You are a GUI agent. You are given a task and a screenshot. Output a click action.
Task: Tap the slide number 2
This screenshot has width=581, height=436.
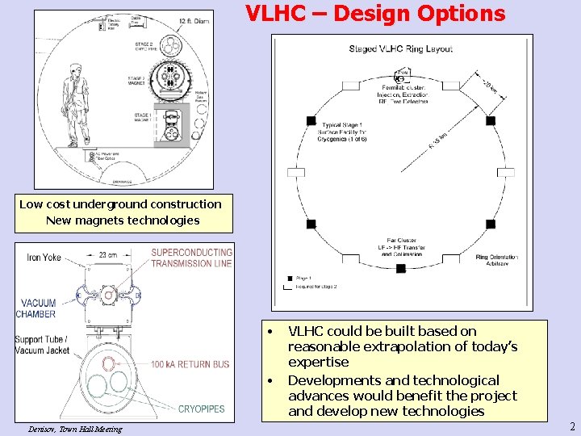click(x=572, y=426)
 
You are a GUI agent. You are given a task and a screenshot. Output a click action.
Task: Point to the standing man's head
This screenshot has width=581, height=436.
click(x=76, y=71)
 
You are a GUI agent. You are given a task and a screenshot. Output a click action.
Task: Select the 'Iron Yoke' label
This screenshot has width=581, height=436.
click(x=45, y=258)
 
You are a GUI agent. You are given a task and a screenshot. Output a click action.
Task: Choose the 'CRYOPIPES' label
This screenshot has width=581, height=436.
click(x=201, y=409)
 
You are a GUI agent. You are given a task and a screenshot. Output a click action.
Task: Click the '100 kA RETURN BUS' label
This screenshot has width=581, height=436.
click(x=190, y=364)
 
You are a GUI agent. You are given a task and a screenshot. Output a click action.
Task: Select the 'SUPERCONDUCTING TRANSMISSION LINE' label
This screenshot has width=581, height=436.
click(x=191, y=258)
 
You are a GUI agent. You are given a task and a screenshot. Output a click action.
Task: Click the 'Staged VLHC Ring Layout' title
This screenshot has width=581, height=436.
click(x=400, y=48)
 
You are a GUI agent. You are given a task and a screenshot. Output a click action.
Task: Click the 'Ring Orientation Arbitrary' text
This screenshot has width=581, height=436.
click(x=497, y=261)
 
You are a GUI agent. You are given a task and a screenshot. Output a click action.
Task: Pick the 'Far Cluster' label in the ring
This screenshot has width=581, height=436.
click(x=401, y=240)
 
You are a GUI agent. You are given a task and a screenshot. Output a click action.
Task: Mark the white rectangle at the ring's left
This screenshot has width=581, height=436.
click(x=296, y=172)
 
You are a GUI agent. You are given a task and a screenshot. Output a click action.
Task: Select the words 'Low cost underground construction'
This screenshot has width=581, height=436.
click(x=120, y=204)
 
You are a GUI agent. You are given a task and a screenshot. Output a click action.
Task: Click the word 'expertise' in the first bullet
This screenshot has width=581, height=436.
click(x=319, y=362)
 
